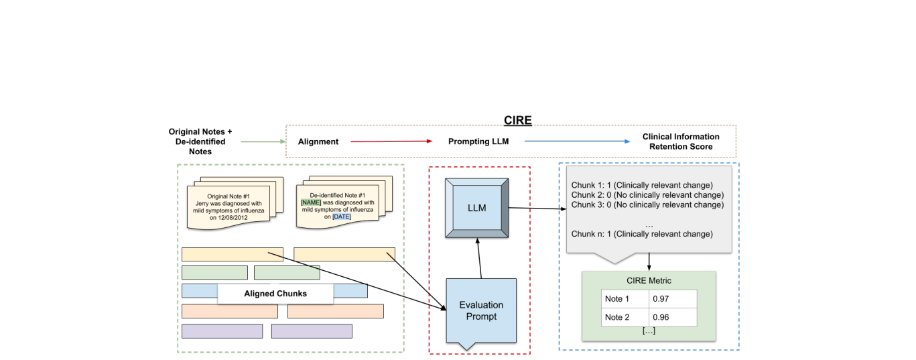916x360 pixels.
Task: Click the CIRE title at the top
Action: pyautogui.click(x=517, y=120)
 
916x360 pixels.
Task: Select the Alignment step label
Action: pyautogui.click(x=318, y=141)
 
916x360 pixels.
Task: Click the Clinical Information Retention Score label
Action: pyautogui.click(x=680, y=141)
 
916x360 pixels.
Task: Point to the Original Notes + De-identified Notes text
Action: pyautogui.click(x=200, y=141)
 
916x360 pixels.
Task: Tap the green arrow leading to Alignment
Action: pyautogui.click(x=263, y=141)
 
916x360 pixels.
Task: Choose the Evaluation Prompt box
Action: pyautogui.click(x=481, y=310)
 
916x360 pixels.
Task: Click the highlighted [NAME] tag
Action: pyautogui.click(x=312, y=202)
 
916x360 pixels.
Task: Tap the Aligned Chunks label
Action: pyautogui.click(x=275, y=294)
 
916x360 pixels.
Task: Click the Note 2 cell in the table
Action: pyautogui.click(x=617, y=317)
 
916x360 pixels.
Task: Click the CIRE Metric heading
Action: pyautogui.click(x=648, y=280)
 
